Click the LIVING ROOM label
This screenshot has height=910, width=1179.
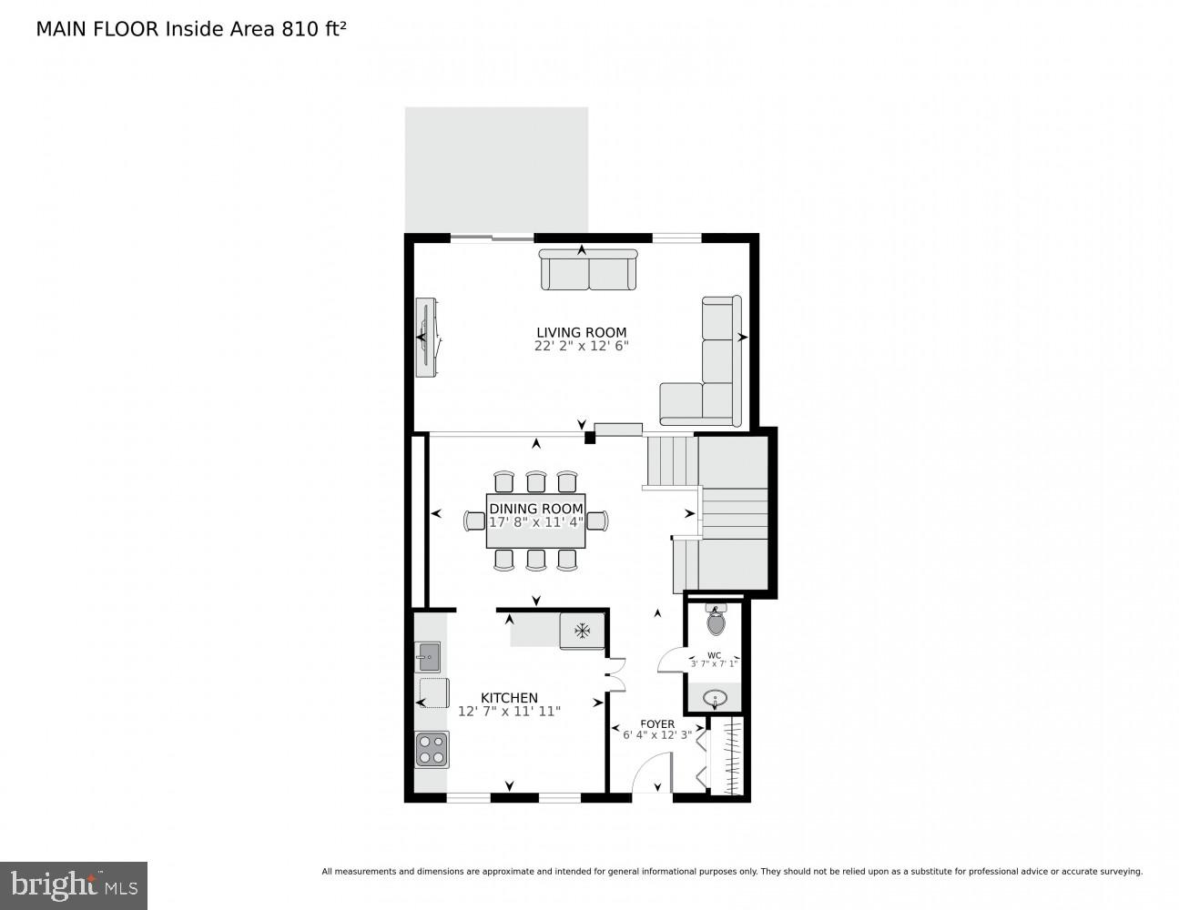[x=581, y=332]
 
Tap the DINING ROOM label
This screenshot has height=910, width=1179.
[x=535, y=509]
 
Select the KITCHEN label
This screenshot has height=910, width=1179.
[x=509, y=698]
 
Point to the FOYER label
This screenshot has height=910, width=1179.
[x=657, y=724]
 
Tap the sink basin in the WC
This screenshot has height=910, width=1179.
[x=717, y=699]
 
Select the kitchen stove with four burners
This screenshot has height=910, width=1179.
[x=432, y=749]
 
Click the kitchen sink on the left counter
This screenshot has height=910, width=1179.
[x=427, y=655]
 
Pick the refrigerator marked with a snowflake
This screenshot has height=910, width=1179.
[x=581, y=630]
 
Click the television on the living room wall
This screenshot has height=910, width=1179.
[x=426, y=337]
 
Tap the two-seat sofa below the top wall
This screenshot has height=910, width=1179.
[x=588, y=269]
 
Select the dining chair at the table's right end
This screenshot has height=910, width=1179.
[x=597, y=521]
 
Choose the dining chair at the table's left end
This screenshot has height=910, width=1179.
[x=474, y=521]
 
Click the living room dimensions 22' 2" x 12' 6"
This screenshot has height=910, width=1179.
[x=581, y=347]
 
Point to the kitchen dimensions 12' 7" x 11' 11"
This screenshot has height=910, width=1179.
[x=509, y=712]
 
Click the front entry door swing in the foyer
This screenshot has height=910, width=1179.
[x=652, y=774]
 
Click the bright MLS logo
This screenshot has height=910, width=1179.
[x=73, y=885]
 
